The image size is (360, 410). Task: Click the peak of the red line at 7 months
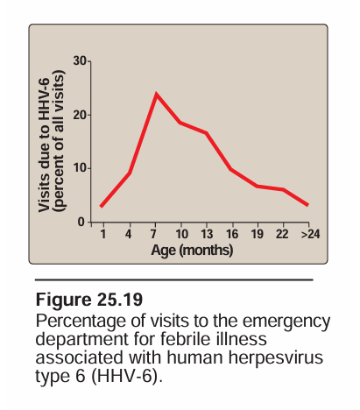[x=157, y=94]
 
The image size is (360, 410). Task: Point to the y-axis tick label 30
[x=80, y=61]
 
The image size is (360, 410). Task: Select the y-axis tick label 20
[x=80, y=116]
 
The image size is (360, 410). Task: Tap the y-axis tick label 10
[x=81, y=168]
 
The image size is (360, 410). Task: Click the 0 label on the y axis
[x=81, y=223]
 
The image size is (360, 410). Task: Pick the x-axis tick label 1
[x=103, y=234]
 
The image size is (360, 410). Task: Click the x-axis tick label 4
[x=128, y=234]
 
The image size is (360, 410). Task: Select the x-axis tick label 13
[x=207, y=234]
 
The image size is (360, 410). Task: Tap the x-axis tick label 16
[x=232, y=234]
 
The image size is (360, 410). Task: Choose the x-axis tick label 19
[x=258, y=234]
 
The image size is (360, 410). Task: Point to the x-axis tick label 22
[x=282, y=234]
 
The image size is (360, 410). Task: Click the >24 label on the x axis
[x=310, y=234]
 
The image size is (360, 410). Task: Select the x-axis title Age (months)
[x=192, y=251]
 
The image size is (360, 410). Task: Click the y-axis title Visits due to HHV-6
[x=44, y=145]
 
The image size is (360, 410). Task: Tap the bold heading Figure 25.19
[x=89, y=300]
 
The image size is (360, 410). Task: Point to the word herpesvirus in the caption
[x=276, y=357]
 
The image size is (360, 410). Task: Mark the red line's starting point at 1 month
[x=101, y=206]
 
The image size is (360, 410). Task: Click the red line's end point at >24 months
[x=307, y=205]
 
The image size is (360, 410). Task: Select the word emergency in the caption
[x=286, y=322]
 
